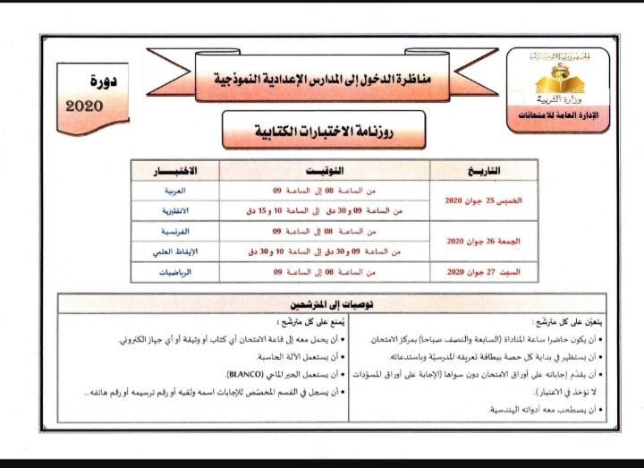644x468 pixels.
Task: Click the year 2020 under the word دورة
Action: click(86, 106)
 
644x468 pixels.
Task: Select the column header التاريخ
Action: click(484, 170)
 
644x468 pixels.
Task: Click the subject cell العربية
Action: click(175, 191)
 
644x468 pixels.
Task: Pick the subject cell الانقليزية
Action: click(175, 211)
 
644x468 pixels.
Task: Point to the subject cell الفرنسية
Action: click(175, 232)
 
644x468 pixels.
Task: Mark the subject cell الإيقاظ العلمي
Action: click(175, 251)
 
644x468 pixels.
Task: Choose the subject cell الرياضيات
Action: click(175, 271)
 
